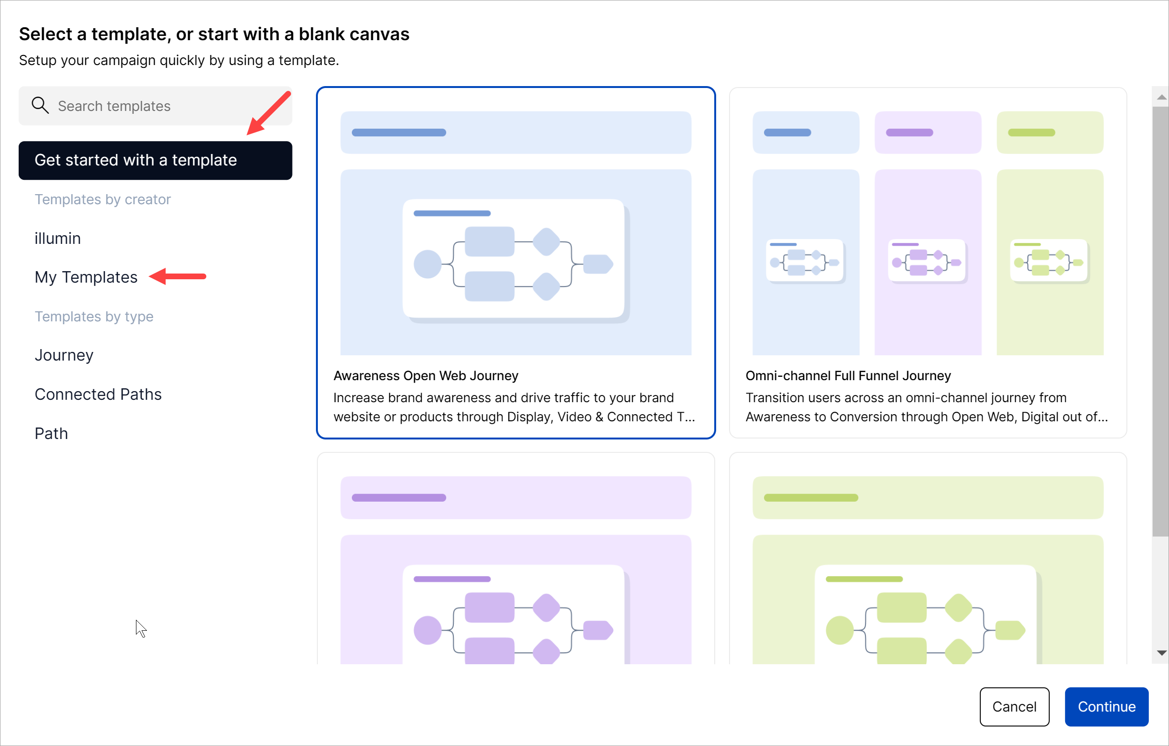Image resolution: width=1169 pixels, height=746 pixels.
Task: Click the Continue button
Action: (x=1106, y=706)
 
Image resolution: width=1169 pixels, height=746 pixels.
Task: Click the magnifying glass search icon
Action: (x=40, y=105)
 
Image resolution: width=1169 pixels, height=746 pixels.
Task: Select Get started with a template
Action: (x=156, y=160)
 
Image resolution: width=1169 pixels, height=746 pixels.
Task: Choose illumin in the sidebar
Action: (x=57, y=238)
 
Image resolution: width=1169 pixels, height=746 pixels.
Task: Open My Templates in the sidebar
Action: (x=86, y=277)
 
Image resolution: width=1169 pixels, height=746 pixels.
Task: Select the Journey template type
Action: (x=64, y=355)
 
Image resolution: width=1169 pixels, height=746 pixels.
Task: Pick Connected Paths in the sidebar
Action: (x=98, y=394)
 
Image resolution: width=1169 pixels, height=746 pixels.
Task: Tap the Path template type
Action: (x=51, y=433)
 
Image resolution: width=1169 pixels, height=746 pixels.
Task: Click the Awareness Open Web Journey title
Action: (x=426, y=375)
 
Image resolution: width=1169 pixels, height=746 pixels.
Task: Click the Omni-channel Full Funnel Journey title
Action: (x=848, y=375)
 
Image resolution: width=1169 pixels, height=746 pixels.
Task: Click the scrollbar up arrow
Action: (x=1161, y=98)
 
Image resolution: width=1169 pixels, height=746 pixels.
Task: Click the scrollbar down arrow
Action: (x=1161, y=653)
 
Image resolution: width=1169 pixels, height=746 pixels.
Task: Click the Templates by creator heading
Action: (x=102, y=199)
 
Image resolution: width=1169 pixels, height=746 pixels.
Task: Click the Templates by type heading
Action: (x=94, y=316)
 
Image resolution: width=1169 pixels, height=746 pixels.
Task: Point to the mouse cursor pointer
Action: (x=140, y=628)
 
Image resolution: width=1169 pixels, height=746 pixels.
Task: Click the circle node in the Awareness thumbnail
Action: (x=427, y=264)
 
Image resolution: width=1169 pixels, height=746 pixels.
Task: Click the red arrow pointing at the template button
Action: (x=269, y=113)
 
